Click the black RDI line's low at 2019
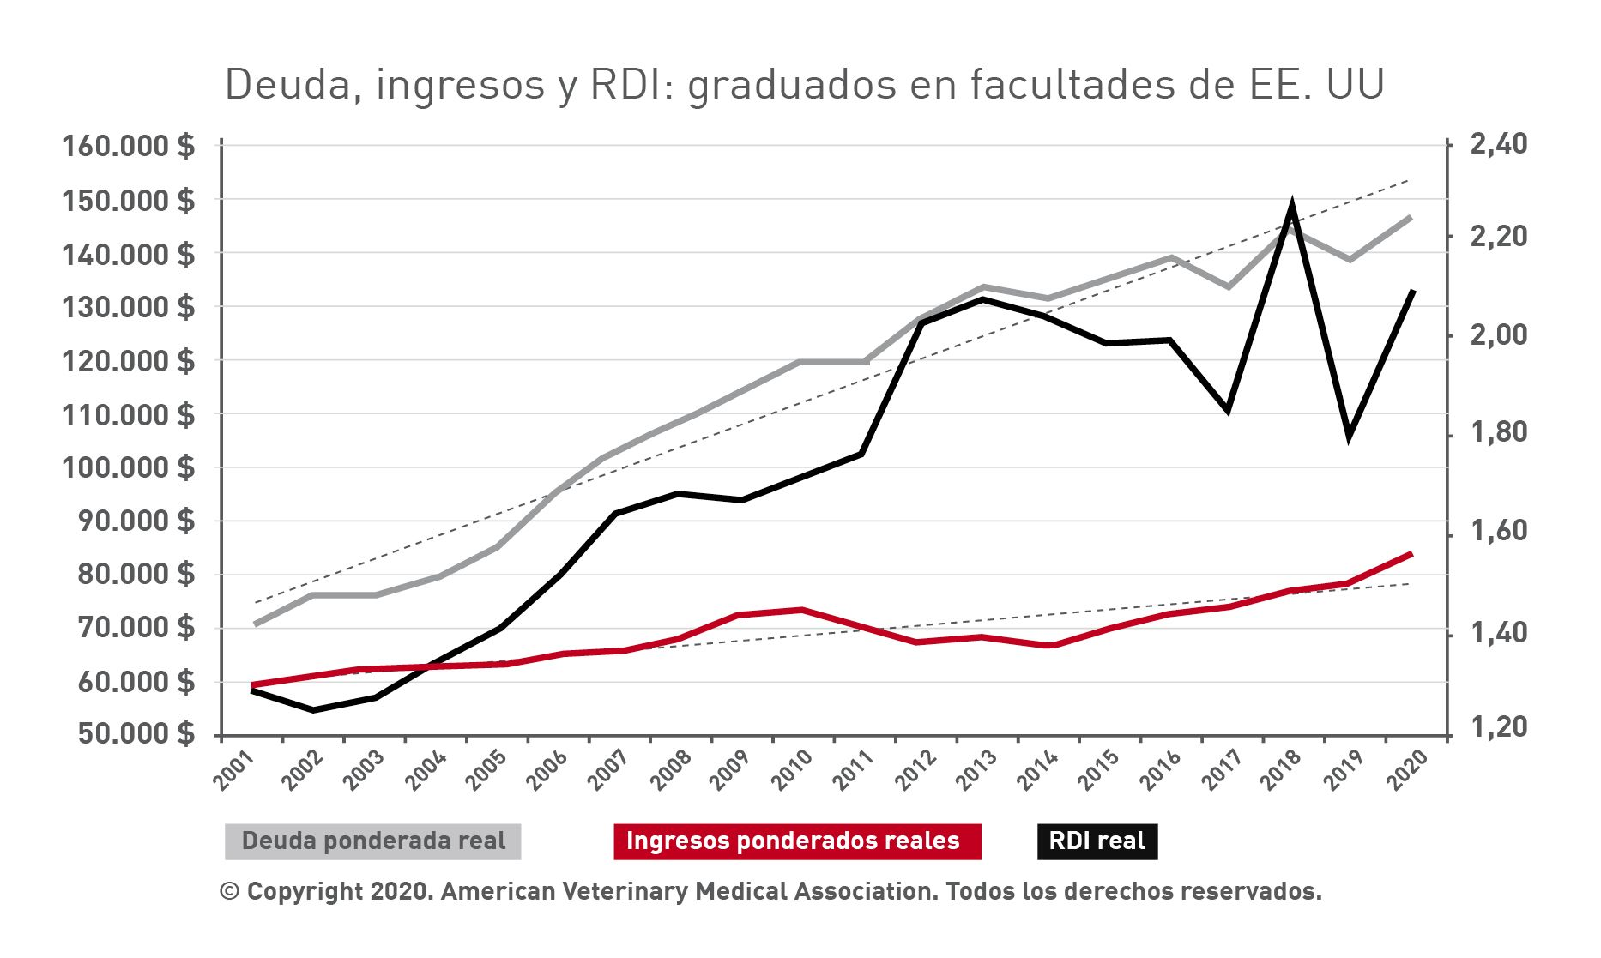pyautogui.click(x=1350, y=434)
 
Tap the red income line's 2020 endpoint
pyautogui.click(x=1411, y=554)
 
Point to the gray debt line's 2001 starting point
pyautogui.click(x=255, y=624)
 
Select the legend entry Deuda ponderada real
pyautogui.click(x=373, y=841)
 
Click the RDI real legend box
pyautogui.click(x=1097, y=841)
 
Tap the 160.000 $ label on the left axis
pyautogui.click(x=129, y=146)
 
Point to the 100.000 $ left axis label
pyautogui.click(x=129, y=467)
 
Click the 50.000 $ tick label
pyautogui.click(x=136, y=734)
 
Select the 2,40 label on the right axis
pyautogui.click(x=1499, y=144)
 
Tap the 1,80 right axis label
pyautogui.click(x=1499, y=432)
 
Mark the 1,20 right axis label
pyautogui.click(x=1499, y=726)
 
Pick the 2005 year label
pyautogui.click(x=486, y=769)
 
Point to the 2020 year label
pyautogui.click(x=1407, y=769)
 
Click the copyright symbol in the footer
pyautogui.click(x=229, y=891)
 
